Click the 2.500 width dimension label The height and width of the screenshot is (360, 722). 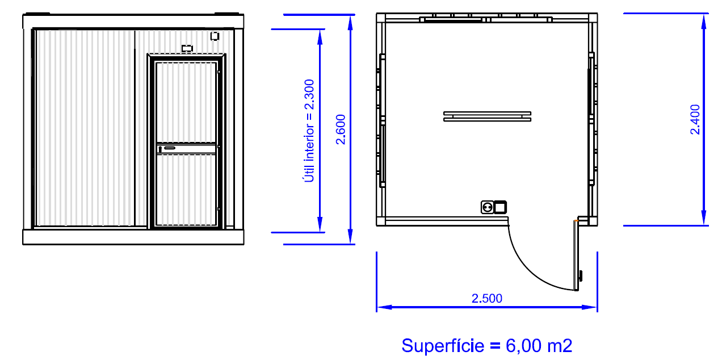(486, 298)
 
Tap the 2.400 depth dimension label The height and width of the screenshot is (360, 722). (695, 119)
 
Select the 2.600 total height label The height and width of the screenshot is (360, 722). (341, 129)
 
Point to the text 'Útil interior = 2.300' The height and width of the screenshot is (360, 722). (309, 131)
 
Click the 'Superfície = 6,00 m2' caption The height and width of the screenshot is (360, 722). (486, 345)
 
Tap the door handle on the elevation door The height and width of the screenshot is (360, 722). (167, 148)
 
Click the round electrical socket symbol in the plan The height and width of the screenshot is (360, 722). (487, 207)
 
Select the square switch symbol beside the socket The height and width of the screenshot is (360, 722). (500, 207)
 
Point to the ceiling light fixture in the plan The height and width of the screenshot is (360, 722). (487, 116)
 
